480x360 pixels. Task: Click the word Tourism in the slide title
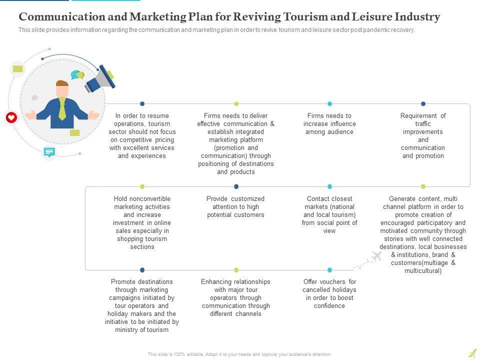click(307, 17)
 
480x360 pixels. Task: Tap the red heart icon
click(11, 117)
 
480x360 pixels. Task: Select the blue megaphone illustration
click(100, 78)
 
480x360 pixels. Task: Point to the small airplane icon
click(376, 256)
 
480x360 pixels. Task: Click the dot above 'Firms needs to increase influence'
click(329, 103)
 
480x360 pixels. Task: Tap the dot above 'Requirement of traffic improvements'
click(423, 103)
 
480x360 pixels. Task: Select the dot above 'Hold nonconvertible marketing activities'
click(142, 186)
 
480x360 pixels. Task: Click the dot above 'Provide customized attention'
click(236, 186)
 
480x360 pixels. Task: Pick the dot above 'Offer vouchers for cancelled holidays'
click(329, 270)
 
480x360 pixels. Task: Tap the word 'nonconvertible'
click(149, 199)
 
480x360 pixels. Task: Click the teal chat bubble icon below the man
click(49, 152)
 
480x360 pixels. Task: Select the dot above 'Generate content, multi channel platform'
click(423, 186)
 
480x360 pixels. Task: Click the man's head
click(62, 89)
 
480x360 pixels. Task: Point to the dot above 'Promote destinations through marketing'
click(142, 270)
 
